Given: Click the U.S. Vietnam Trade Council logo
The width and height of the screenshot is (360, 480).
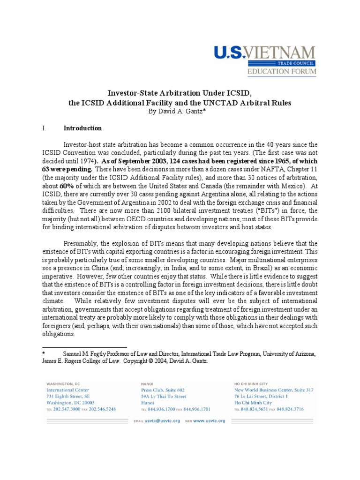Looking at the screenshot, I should (x=265, y=61).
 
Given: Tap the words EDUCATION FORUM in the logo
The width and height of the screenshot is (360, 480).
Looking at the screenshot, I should (x=281, y=72).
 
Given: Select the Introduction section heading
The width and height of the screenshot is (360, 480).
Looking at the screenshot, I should (x=82, y=128).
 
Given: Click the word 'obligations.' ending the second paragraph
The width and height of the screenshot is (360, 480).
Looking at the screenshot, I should (x=59, y=334).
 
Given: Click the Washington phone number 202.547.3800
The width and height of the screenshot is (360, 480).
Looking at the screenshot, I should (x=67, y=409).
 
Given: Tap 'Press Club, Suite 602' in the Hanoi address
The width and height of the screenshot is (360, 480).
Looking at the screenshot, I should (x=163, y=390).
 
